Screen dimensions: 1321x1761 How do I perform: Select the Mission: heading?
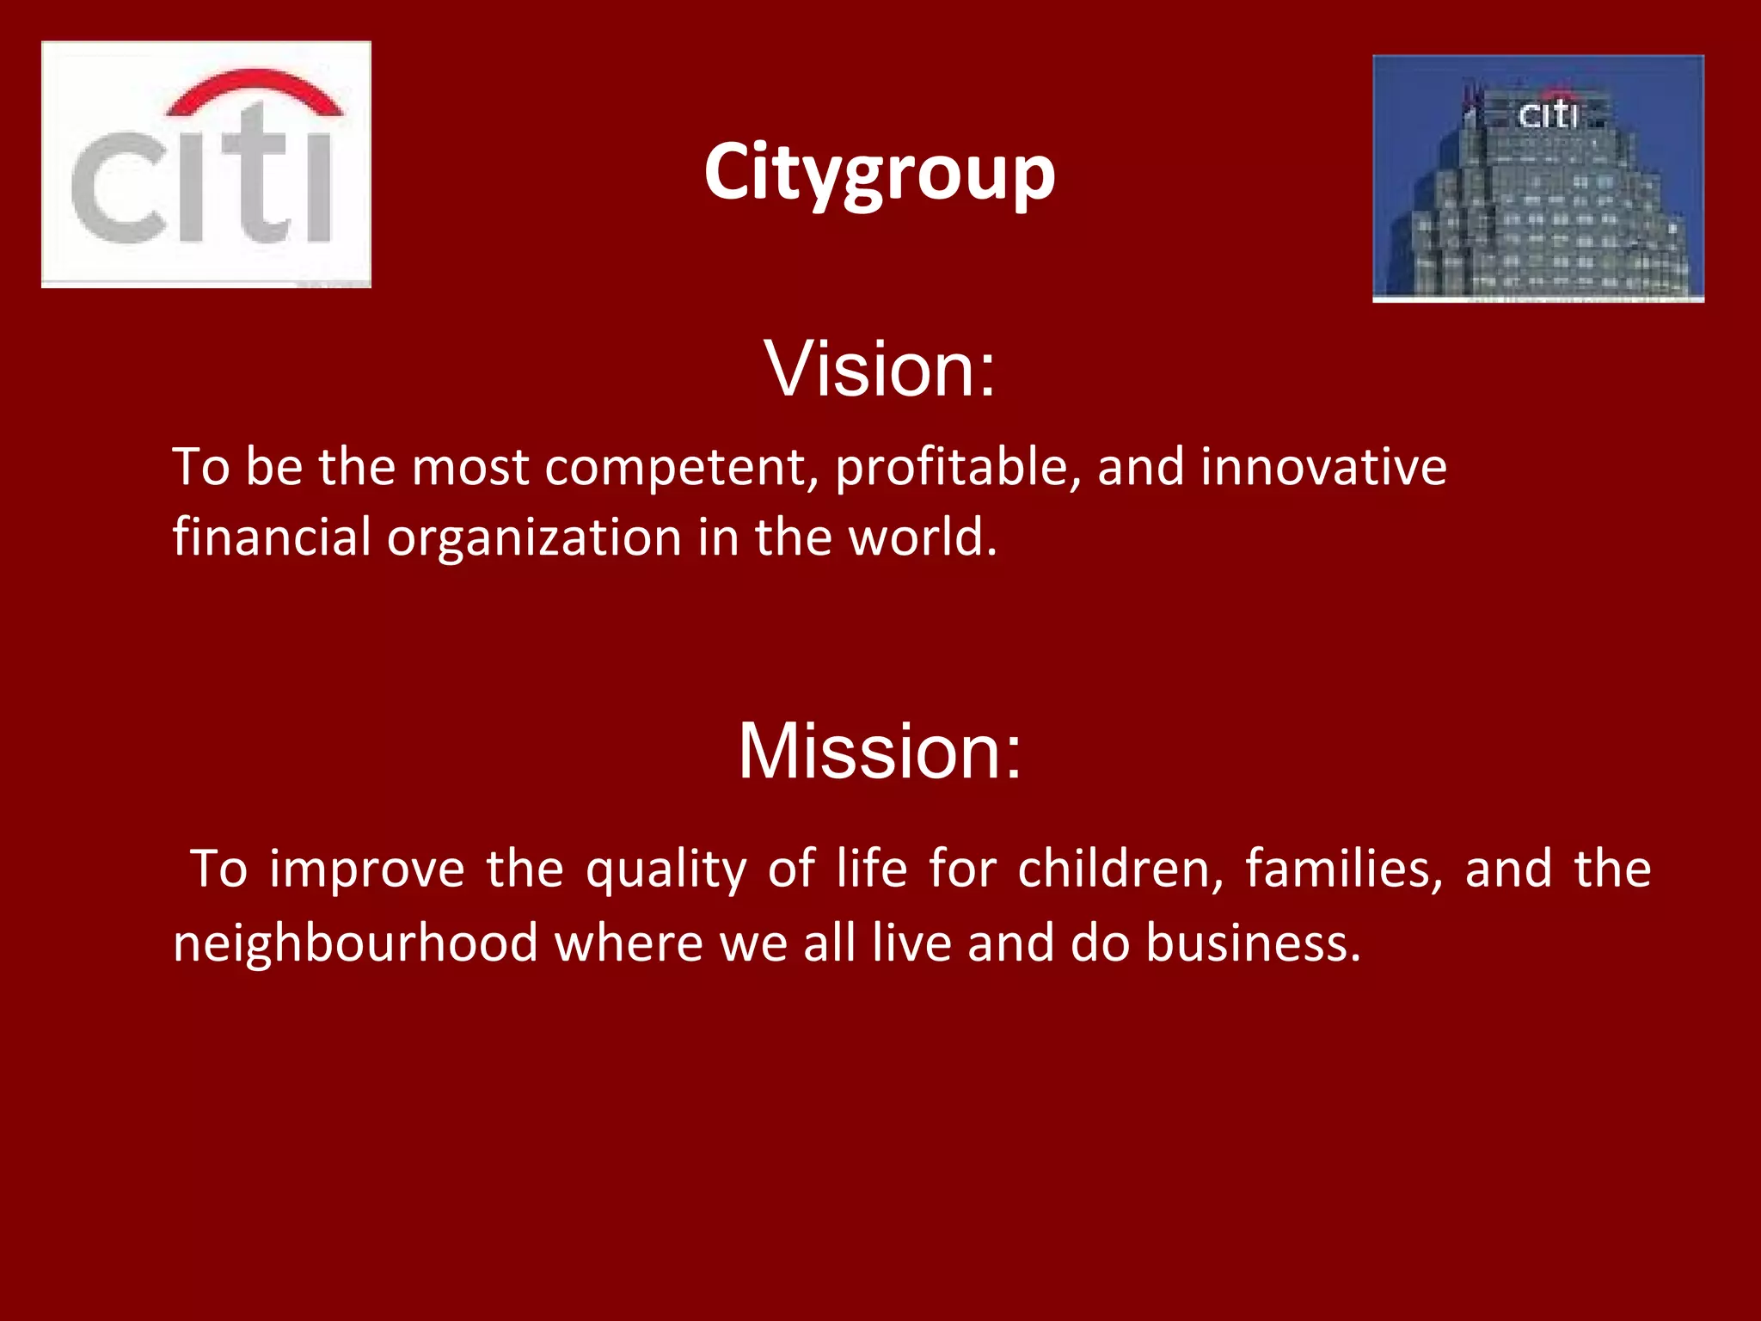(x=880, y=751)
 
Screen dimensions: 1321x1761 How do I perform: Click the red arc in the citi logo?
(x=255, y=89)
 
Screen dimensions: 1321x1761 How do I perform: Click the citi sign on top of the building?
(x=1548, y=114)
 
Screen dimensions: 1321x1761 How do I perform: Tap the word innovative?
(x=1323, y=467)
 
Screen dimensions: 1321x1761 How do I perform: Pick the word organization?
(x=534, y=538)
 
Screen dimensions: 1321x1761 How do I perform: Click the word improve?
(x=367, y=869)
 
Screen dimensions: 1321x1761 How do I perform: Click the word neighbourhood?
(x=355, y=943)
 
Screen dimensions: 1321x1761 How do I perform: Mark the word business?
(x=1253, y=943)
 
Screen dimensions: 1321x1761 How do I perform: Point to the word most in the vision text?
(x=470, y=469)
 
